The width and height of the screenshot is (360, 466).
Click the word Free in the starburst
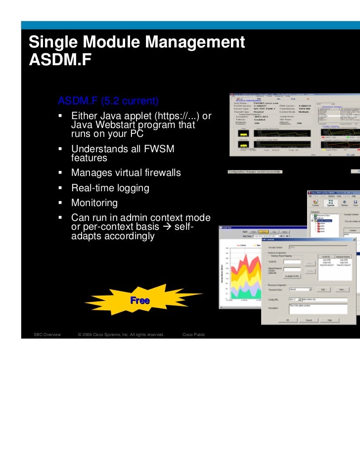click(x=140, y=300)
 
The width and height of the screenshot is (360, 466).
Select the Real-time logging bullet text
click(x=110, y=188)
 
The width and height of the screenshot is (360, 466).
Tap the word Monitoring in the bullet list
click(x=94, y=203)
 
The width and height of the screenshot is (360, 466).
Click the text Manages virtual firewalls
click(x=126, y=173)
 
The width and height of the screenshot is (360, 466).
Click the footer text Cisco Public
click(x=193, y=335)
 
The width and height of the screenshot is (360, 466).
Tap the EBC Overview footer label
click(x=46, y=335)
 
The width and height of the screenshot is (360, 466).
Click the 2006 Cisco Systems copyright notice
click(x=121, y=335)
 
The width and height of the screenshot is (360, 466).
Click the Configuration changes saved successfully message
click(x=254, y=172)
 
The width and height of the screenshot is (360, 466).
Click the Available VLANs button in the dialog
click(x=293, y=276)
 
